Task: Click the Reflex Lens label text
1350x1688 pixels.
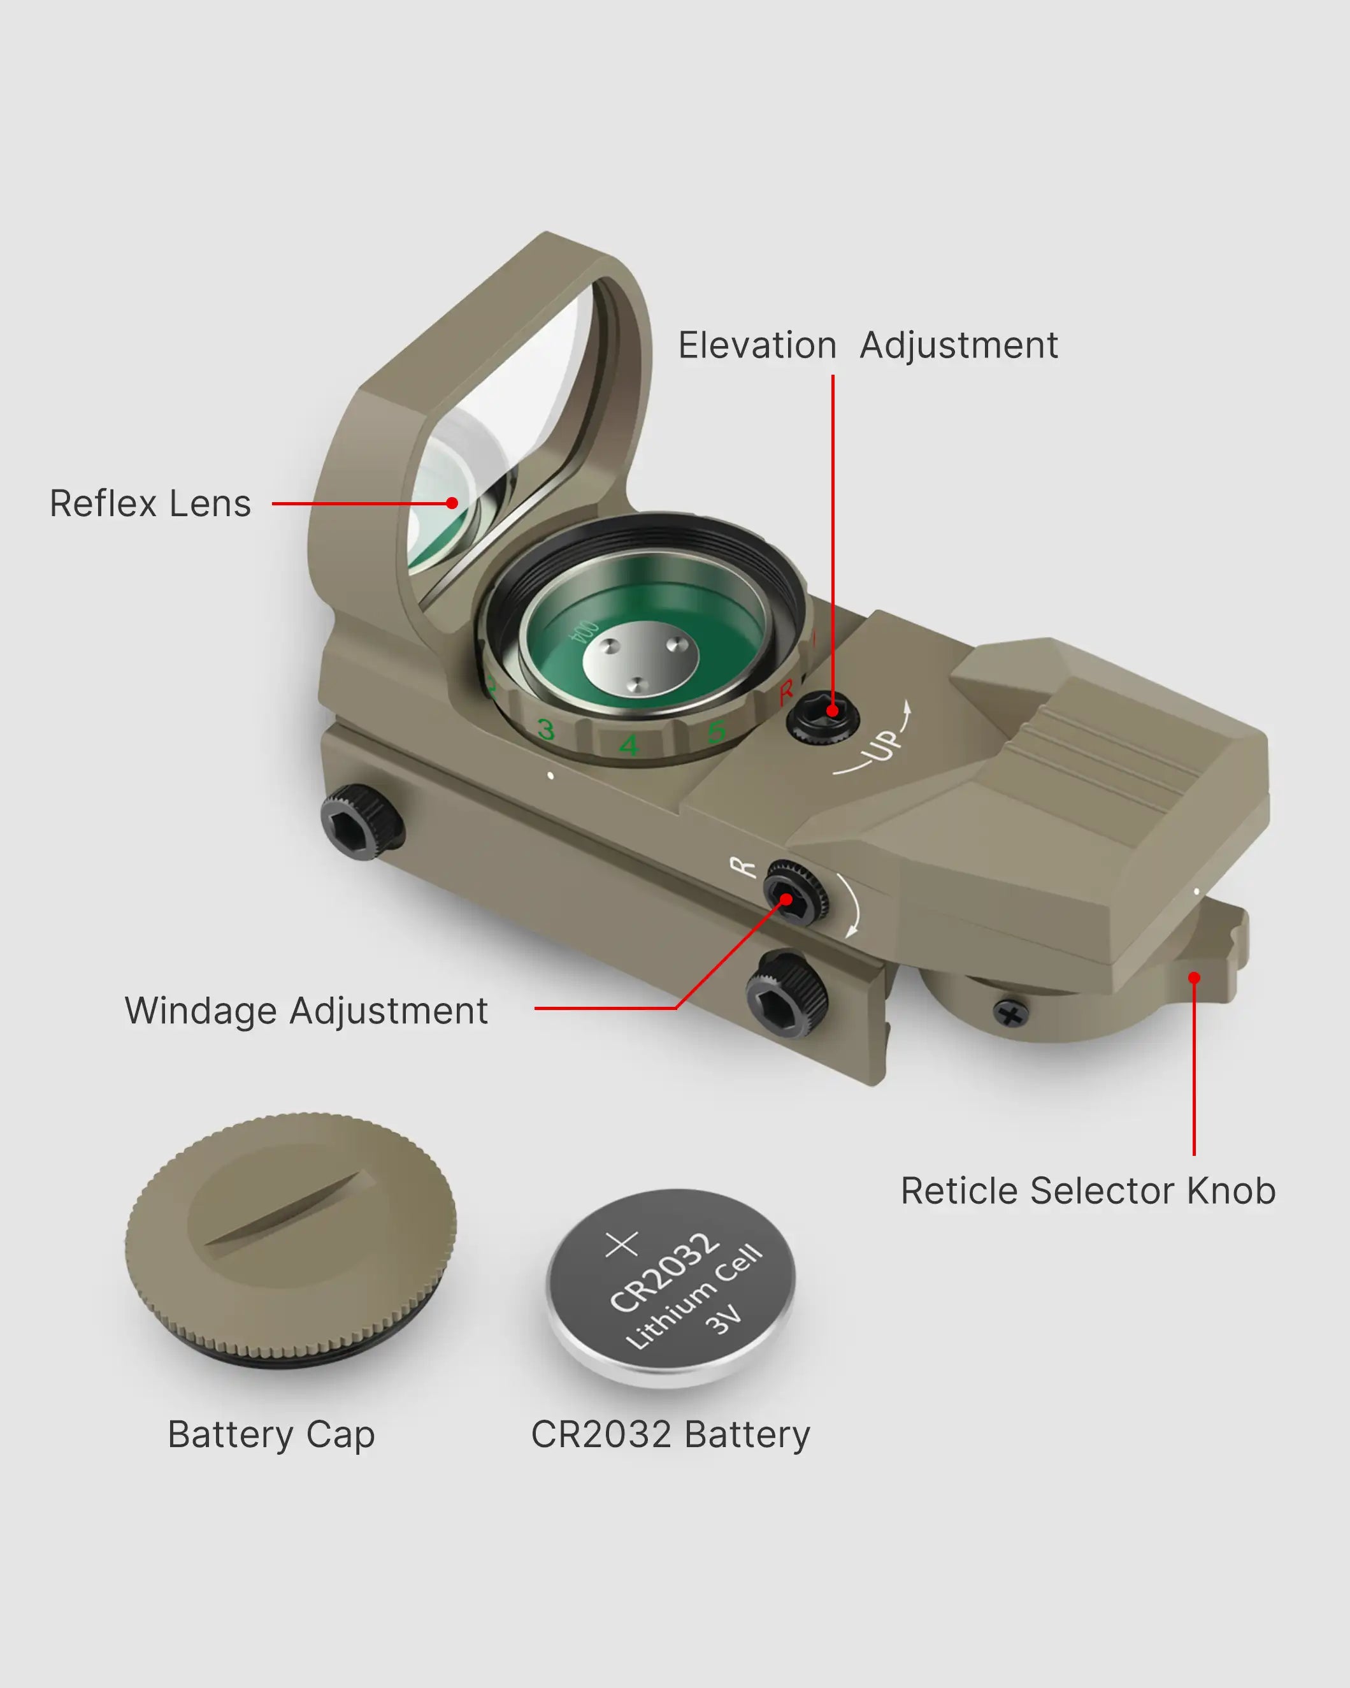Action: click(x=150, y=503)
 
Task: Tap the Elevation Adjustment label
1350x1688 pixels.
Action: click(x=867, y=345)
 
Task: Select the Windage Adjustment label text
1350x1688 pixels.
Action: click(x=306, y=1011)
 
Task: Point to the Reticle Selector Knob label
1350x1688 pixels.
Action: click(x=1088, y=1191)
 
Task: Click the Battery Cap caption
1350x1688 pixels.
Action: click(x=271, y=1434)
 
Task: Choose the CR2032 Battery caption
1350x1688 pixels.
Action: click(x=670, y=1434)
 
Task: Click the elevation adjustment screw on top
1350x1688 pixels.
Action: click(x=822, y=715)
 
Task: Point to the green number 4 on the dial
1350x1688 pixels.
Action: click(x=628, y=744)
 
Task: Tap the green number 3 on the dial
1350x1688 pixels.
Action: click(x=545, y=730)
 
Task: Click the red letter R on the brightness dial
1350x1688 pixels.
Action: click(x=786, y=692)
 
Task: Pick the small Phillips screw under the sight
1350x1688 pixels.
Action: click(x=1010, y=1014)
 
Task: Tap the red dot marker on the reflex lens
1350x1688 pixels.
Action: click(x=452, y=503)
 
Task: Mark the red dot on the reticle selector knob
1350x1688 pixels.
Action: click(x=1193, y=978)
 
